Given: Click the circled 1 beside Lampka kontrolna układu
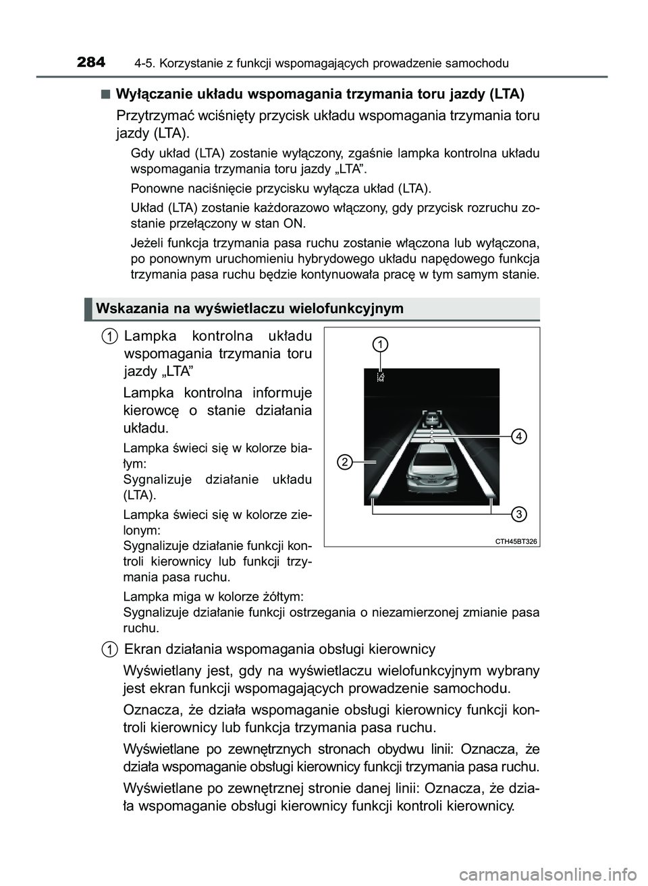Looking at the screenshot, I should coord(108,336).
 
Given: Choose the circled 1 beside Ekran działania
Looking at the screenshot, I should coord(108,649).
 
